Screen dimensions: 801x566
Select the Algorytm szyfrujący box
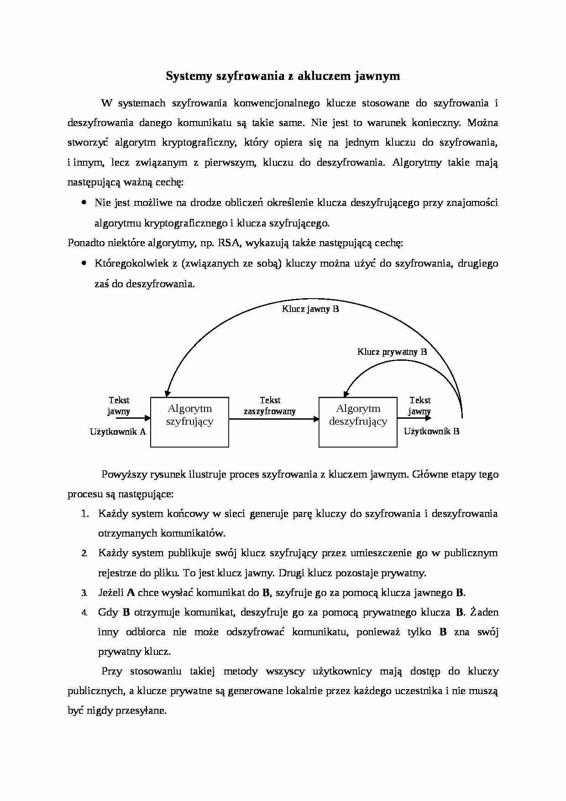189,422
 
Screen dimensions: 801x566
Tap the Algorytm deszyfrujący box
358,422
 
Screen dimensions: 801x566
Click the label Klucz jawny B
310,309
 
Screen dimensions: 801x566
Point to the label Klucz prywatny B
392,352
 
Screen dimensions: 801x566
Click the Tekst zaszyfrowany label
270,406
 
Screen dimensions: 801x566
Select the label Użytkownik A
118,432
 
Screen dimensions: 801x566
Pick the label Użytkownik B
431,431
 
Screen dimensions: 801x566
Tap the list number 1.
84,514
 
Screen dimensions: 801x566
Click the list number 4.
84,613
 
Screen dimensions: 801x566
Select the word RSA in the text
229,243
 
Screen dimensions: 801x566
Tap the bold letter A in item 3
131,593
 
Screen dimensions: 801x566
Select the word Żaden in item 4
484,612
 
